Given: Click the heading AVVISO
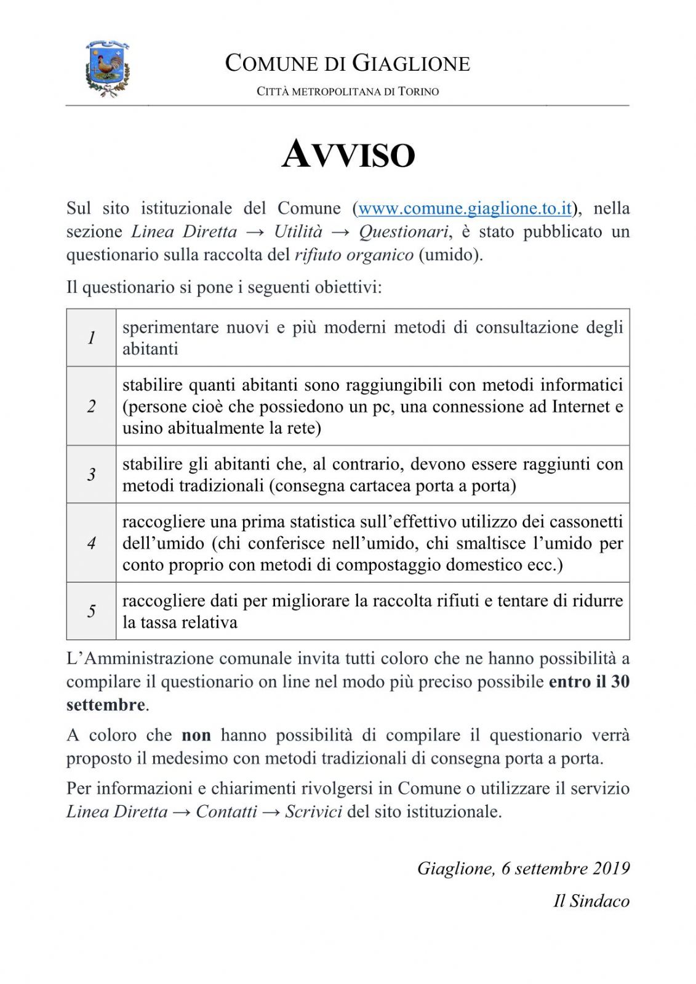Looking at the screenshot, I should [x=348, y=154].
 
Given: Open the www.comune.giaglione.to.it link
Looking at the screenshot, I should [x=465, y=208].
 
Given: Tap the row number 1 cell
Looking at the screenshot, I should [x=91, y=338].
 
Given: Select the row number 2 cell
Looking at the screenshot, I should [x=91, y=406].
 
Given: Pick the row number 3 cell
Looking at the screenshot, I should [x=91, y=474].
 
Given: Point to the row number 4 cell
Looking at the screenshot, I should [x=91, y=543].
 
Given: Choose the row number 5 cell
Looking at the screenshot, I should [x=91, y=611].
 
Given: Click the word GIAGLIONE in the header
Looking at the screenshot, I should [x=411, y=63].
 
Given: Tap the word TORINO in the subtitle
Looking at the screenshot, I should [x=418, y=92].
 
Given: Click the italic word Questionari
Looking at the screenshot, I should [x=404, y=232].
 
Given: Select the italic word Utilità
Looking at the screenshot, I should [x=298, y=232].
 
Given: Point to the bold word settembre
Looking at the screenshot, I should [x=106, y=705].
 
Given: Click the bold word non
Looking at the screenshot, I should [x=196, y=736].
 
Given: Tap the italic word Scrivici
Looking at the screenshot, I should [x=313, y=812].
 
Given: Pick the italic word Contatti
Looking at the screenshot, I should [x=226, y=812].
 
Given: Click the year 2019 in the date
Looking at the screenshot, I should [x=611, y=868].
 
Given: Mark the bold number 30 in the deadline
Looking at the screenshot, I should [x=620, y=681].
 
